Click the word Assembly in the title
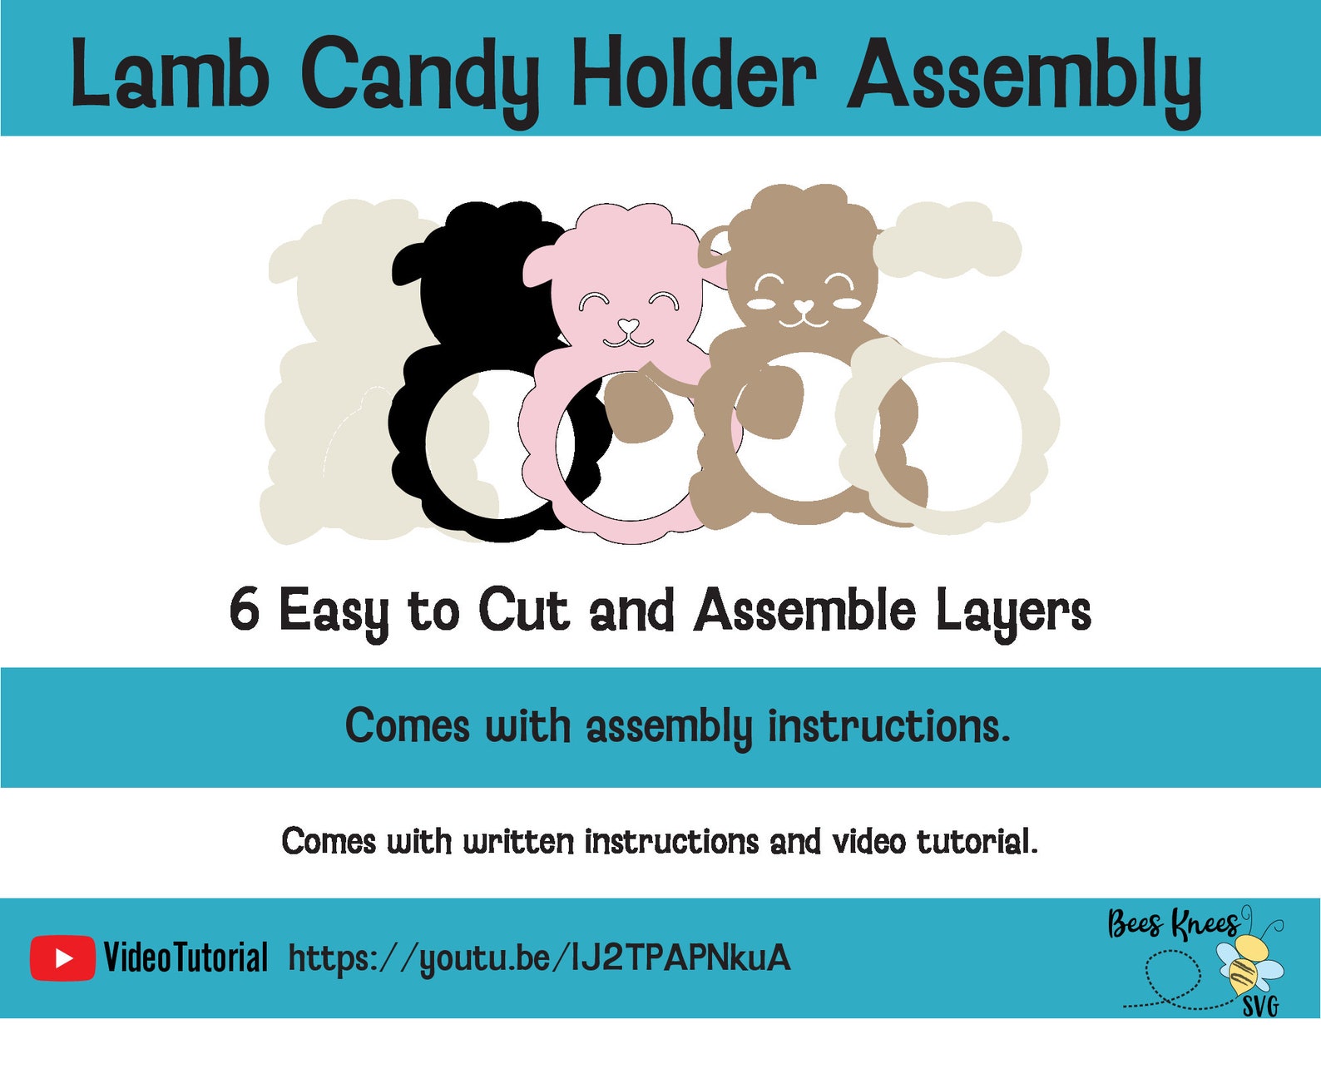(x=1023, y=79)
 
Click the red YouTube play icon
(x=62, y=958)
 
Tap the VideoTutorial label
(x=186, y=958)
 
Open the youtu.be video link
(x=539, y=958)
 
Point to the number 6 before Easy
(x=245, y=609)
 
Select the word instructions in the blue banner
(x=888, y=726)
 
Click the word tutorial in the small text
(x=977, y=842)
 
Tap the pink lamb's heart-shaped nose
(x=629, y=324)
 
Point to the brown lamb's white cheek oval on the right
(x=847, y=303)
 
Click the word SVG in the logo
(x=1260, y=1007)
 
